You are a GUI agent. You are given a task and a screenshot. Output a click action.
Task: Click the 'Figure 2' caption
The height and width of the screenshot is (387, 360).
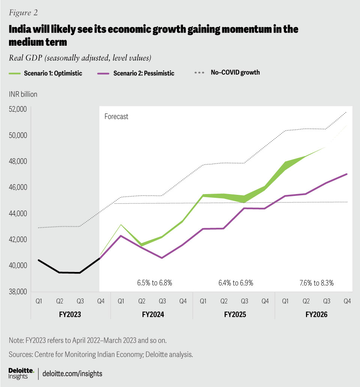click(23, 12)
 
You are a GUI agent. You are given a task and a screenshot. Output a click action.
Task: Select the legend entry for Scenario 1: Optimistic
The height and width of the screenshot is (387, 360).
click(45, 73)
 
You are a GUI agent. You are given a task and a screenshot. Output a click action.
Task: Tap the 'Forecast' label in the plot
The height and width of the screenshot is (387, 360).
click(116, 117)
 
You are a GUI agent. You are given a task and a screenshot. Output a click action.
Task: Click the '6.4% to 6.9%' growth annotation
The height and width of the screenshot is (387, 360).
click(235, 283)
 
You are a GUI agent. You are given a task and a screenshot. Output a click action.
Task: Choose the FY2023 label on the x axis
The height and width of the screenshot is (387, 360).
click(70, 314)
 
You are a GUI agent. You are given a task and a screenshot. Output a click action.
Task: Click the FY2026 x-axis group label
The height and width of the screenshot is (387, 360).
click(315, 314)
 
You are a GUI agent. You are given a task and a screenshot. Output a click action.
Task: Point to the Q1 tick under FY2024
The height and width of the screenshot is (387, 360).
click(121, 300)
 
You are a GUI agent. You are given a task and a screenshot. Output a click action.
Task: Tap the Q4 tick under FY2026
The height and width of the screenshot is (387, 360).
click(347, 300)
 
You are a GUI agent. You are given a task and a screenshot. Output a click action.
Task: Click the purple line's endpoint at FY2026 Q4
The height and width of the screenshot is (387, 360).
click(347, 174)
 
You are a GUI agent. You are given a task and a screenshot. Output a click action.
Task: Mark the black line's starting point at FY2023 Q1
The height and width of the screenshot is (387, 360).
click(39, 260)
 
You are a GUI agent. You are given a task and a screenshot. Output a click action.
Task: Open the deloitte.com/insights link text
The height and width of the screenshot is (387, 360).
click(72, 373)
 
